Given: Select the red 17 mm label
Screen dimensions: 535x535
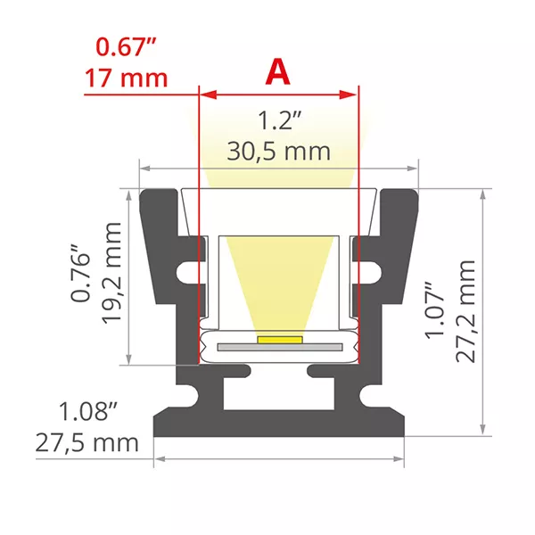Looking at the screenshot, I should click(x=127, y=78).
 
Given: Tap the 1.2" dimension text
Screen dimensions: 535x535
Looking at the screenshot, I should click(x=278, y=120).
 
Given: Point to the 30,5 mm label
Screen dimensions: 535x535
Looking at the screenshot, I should click(x=278, y=151).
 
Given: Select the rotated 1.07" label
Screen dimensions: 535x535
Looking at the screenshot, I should click(x=434, y=310).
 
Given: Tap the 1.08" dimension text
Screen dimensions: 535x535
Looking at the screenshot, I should click(x=89, y=412).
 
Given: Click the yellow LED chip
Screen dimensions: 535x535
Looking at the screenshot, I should click(x=278, y=340).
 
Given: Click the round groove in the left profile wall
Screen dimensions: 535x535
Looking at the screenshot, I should click(x=185, y=270).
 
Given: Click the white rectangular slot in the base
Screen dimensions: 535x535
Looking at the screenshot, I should click(x=278, y=399).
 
